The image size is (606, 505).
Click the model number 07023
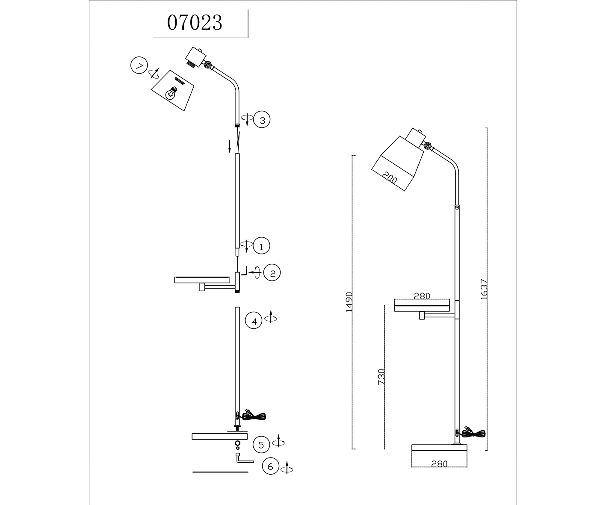[x=195, y=23]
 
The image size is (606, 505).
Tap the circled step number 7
[x=139, y=65]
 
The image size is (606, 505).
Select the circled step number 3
[x=262, y=120]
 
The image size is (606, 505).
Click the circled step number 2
[x=272, y=273]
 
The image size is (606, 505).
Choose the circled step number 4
[x=254, y=321]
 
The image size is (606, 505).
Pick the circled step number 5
[x=261, y=445]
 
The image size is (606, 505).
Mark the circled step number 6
[x=270, y=467]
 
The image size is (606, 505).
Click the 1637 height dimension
[x=484, y=289]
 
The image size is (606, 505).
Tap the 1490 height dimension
[x=349, y=302]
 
